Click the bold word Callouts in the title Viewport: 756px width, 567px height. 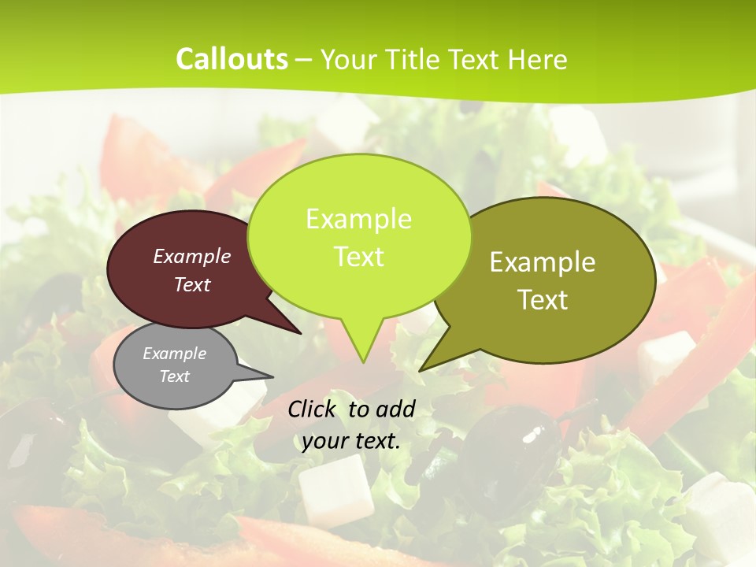(x=232, y=59)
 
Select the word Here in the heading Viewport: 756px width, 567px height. (x=537, y=59)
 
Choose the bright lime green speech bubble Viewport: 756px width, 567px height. (x=359, y=236)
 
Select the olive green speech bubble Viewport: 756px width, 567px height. (x=551, y=280)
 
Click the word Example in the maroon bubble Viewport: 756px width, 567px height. (x=192, y=256)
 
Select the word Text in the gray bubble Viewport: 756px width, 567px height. (x=175, y=376)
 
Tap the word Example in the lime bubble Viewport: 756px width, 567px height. (x=358, y=218)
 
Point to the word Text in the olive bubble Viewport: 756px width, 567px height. (x=543, y=299)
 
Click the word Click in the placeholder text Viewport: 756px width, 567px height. (x=313, y=409)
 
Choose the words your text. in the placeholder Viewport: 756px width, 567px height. (x=351, y=441)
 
